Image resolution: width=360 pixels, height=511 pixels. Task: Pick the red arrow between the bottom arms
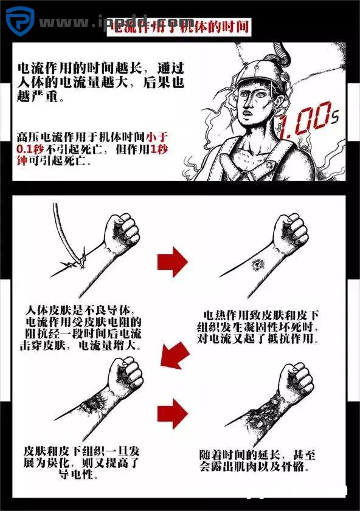coord(173,414)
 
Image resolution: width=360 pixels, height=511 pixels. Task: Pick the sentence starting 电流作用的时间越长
coord(100,82)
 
